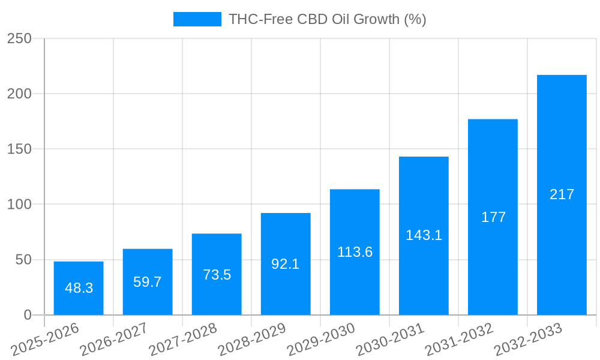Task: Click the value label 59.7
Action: coord(148,282)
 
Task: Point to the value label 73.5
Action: coord(217,275)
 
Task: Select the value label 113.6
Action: coord(355,252)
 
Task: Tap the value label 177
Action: coord(493,217)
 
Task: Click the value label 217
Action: coord(562,194)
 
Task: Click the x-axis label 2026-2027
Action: coord(114,339)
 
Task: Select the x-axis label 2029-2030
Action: coord(321,339)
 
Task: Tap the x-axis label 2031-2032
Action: coord(459,339)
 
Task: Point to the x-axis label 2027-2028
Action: coord(183,339)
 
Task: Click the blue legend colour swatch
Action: coord(197,19)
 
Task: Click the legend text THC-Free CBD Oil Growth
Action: coord(327,19)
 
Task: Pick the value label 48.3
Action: coord(79,288)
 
